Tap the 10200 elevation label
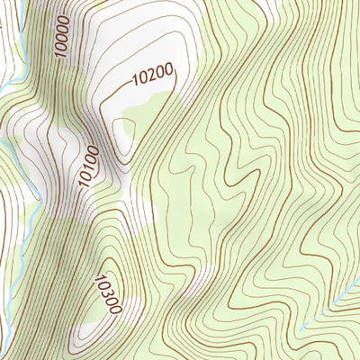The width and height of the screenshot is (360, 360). pyautogui.click(x=151, y=78)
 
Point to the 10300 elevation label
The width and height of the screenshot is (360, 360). pyautogui.click(x=106, y=293)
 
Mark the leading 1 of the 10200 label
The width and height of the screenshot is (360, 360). pyautogui.click(x=135, y=83)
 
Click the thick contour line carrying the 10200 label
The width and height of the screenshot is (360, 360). pyautogui.click(x=176, y=85)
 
